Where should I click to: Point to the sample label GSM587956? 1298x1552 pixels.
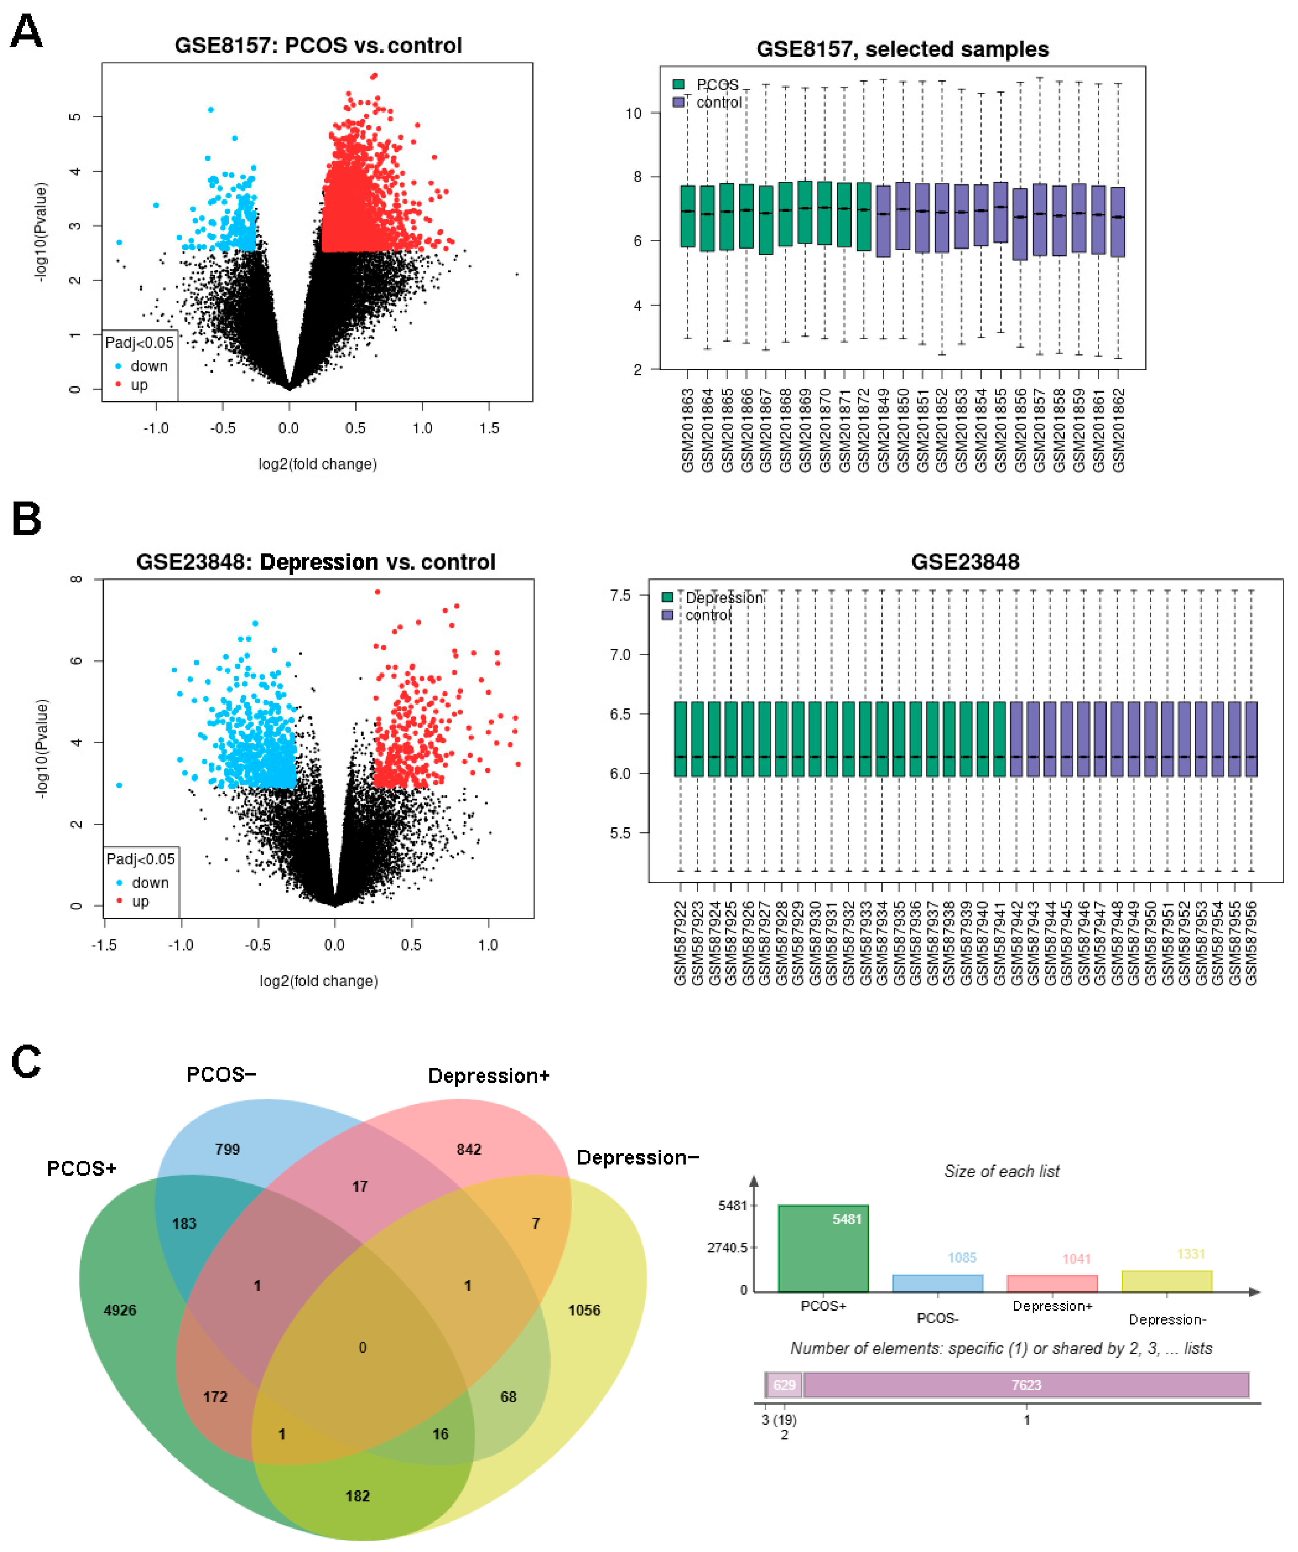pyautogui.click(x=1252, y=942)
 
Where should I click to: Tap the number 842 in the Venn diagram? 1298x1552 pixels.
pyautogui.click(x=468, y=1149)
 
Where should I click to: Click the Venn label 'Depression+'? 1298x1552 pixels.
pyautogui.click(x=489, y=1076)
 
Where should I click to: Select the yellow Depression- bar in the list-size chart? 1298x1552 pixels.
pyautogui.click(x=1167, y=1281)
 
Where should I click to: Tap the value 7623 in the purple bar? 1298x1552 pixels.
pyautogui.click(x=1026, y=1385)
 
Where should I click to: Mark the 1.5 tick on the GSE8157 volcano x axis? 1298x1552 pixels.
pyautogui.click(x=489, y=429)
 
